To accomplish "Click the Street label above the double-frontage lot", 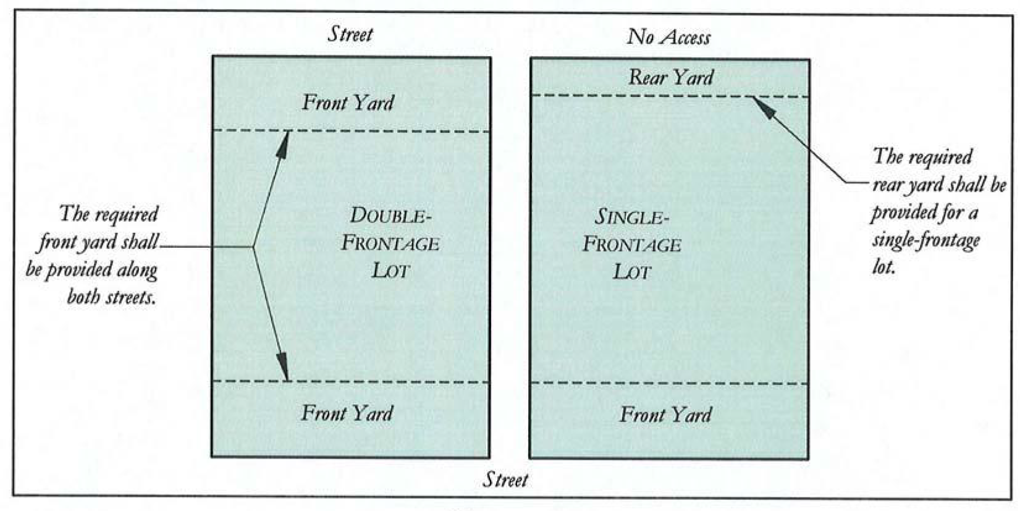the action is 350,34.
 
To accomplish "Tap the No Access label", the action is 668,37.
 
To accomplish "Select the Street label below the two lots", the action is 505,480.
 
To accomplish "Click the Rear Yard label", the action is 671,77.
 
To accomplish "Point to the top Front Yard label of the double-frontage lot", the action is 348,103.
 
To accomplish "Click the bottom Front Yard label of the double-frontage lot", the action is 347,413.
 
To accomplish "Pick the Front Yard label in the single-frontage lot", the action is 665,415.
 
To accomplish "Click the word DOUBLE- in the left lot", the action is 389,216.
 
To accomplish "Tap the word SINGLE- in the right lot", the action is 631,217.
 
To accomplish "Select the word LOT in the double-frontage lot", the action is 390,271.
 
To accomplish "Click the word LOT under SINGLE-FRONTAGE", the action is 631,272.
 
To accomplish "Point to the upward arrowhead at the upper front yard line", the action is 285,140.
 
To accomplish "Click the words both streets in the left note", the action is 111,297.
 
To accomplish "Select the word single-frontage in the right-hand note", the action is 925,240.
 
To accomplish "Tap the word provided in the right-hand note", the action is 900,213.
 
